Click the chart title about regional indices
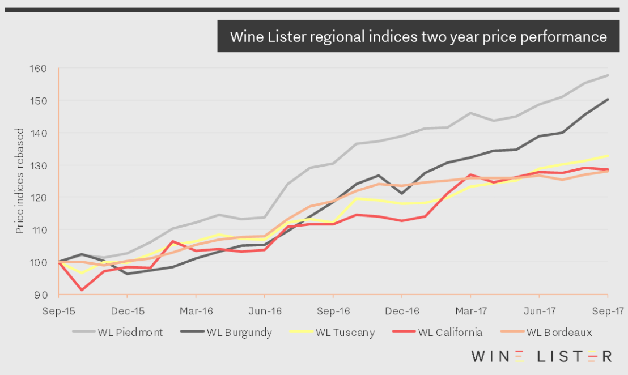tap(418, 37)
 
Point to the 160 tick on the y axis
tap(45, 69)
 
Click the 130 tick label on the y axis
tap(45, 165)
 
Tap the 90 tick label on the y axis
tap(47, 295)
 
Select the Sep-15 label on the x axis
tap(58, 312)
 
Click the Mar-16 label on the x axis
tap(196, 312)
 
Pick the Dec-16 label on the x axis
tap(401, 312)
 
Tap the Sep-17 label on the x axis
tap(607, 312)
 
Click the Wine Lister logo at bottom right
tap(541, 356)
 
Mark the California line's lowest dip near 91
tap(82, 290)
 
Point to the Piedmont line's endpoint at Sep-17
tap(608, 75)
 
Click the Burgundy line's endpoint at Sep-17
tap(608, 99)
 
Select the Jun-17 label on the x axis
tap(538, 312)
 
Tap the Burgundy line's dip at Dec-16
tap(401, 193)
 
